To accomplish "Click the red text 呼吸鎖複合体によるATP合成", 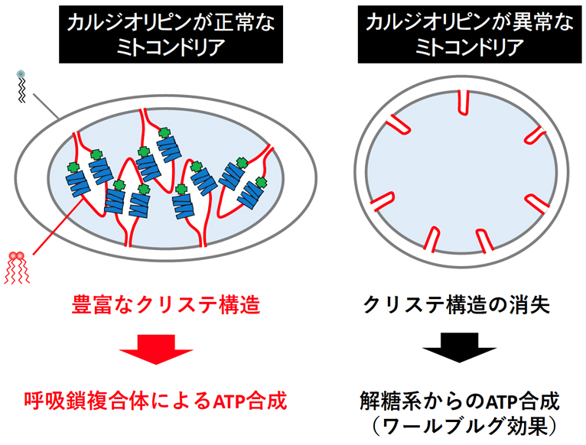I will tap(155, 400).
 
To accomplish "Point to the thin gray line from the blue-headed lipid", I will tap(47, 107).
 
